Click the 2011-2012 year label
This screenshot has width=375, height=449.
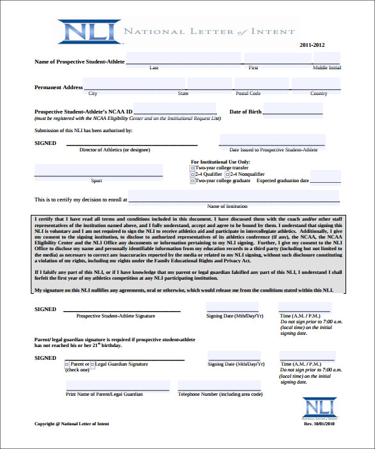[x=312, y=45]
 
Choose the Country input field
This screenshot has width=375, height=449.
[x=317, y=85]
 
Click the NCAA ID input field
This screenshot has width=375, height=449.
[x=176, y=110]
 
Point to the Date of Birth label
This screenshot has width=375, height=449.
[x=246, y=112]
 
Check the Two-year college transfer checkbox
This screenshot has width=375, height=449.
[x=192, y=168]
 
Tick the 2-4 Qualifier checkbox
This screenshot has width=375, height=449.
[x=192, y=174]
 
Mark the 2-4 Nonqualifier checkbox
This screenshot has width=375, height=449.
[x=228, y=174]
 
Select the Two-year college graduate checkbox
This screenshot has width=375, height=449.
[x=192, y=181]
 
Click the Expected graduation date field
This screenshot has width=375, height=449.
[x=325, y=177]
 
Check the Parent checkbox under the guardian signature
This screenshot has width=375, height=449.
[x=67, y=364]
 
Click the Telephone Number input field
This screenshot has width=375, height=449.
[x=220, y=386]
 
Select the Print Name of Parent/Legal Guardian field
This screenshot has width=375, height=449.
[x=117, y=386]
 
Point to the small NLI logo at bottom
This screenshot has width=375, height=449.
[x=318, y=408]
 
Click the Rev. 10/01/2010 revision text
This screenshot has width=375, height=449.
[x=323, y=425]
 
